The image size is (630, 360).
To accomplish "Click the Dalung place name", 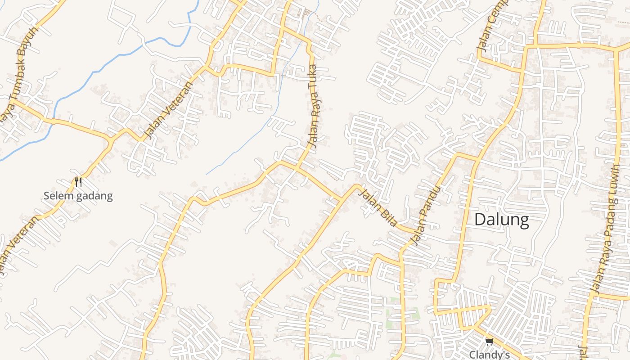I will pyautogui.click(x=501, y=220).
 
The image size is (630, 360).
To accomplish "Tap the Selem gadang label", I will pyautogui.click(x=78, y=196).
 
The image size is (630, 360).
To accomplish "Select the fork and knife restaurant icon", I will pyautogui.click(x=78, y=182).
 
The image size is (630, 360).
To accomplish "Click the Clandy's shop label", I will pyautogui.click(x=489, y=355).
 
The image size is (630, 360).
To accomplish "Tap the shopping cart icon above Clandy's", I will pyautogui.click(x=489, y=342).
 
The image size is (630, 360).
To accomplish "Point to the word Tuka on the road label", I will pyautogui.click(x=313, y=74).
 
